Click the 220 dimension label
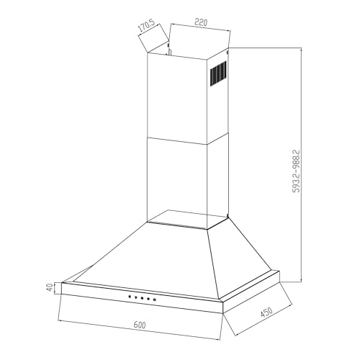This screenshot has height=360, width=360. (x=201, y=22)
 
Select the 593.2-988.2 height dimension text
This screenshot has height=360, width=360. (x=297, y=171)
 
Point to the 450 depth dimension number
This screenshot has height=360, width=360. (x=266, y=312)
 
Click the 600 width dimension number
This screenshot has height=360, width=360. (x=140, y=325)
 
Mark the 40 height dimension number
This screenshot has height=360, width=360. (x=50, y=287)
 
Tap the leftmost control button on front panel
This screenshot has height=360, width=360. (x=130, y=297)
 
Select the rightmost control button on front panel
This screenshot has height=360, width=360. (x=155, y=300)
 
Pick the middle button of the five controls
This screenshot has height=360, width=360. (x=143, y=298)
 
